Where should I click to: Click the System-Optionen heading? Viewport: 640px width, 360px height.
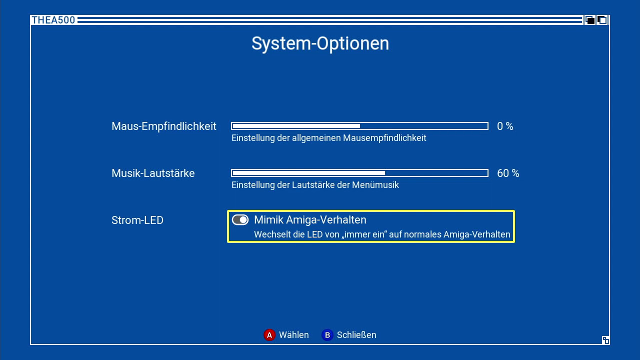click(x=320, y=43)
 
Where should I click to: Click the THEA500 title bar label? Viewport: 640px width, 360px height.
click(x=53, y=20)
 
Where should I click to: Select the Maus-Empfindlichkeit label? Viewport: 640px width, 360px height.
click(x=163, y=126)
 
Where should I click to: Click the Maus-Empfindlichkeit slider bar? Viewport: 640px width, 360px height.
click(x=359, y=126)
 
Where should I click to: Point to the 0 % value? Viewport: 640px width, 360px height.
click(x=505, y=126)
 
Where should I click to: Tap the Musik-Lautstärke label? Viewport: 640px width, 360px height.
click(x=153, y=173)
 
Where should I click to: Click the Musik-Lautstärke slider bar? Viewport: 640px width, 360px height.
click(x=359, y=173)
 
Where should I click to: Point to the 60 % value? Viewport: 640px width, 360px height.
click(x=508, y=173)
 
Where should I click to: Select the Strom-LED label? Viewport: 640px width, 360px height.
click(x=137, y=220)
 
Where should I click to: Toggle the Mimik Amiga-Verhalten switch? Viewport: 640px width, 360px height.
click(x=240, y=220)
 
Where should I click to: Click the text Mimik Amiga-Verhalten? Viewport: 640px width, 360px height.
click(x=310, y=219)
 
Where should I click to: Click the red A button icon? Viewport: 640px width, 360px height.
click(x=269, y=335)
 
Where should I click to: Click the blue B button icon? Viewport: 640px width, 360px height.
click(x=327, y=335)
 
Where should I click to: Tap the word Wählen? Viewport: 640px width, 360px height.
click(x=294, y=335)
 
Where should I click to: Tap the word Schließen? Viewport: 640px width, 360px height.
click(x=356, y=335)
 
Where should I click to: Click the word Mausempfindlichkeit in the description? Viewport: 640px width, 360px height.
click(x=384, y=138)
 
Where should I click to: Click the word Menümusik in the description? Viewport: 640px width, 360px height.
click(x=375, y=185)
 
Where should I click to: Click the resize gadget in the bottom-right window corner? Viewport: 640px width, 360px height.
click(x=605, y=340)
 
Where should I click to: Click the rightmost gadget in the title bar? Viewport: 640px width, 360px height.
click(x=602, y=20)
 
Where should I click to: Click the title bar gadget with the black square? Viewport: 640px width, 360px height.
click(x=590, y=20)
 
